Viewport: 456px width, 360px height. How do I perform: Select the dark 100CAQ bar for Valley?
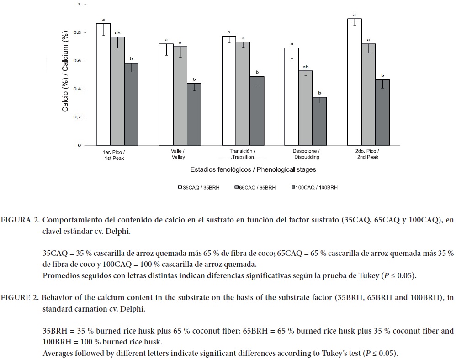[194, 114]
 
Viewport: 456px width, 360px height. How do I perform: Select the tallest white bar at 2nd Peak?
[354, 82]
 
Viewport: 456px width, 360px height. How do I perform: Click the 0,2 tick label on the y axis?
[80, 117]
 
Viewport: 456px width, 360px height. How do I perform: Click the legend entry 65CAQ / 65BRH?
[256, 187]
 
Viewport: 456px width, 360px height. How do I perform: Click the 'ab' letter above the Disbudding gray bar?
[305, 66]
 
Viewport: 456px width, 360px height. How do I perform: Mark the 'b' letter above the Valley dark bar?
[194, 79]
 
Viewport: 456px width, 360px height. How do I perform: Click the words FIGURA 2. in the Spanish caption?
[20, 220]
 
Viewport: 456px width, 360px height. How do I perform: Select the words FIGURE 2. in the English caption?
[20, 298]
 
